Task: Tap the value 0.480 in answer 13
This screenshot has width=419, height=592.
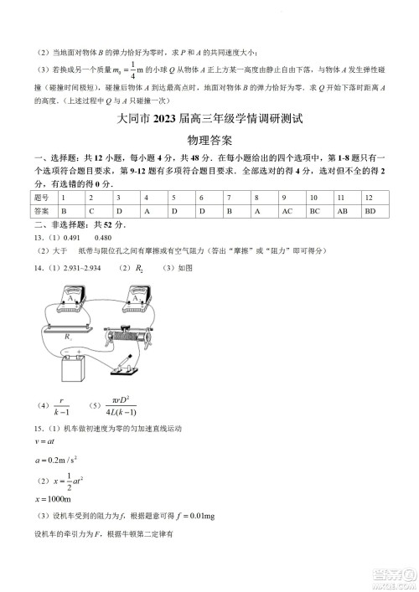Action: (x=103, y=238)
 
